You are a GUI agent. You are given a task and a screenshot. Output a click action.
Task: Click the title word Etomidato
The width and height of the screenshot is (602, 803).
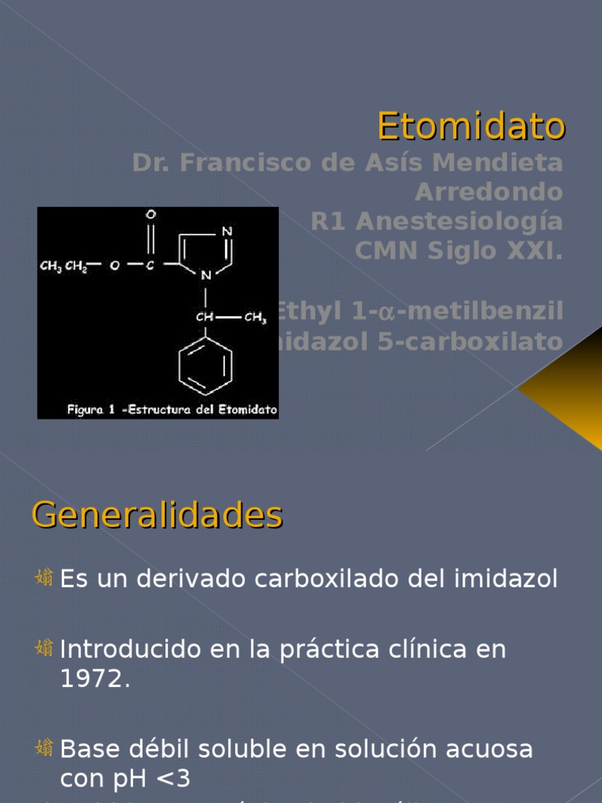click(470, 125)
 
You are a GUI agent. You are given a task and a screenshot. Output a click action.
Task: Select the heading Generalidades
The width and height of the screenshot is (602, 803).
click(157, 515)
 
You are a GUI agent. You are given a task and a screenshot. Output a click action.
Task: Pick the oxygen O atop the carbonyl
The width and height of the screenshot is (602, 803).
click(150, 214)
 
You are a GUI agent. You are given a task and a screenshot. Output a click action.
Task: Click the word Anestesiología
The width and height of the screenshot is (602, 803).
click(459, 222)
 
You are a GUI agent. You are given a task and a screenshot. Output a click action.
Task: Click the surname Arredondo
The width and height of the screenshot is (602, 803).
click(488, 192)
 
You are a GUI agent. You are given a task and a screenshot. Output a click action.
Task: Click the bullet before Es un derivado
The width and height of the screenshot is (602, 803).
click(45, 579)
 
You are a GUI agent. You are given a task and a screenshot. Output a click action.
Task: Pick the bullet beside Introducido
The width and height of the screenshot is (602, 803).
click(45, 649)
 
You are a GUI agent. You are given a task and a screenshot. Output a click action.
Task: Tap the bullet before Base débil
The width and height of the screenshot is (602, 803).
click(45, 748)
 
